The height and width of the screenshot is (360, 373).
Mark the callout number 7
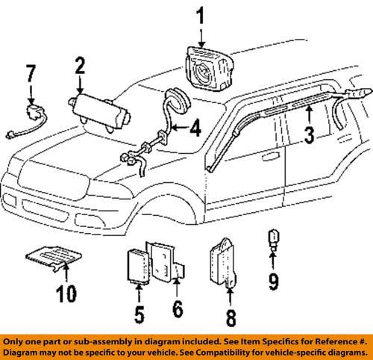click(31, 75)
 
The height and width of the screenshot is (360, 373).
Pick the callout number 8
click(230, 319)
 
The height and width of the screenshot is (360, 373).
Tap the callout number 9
click(274, 282)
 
